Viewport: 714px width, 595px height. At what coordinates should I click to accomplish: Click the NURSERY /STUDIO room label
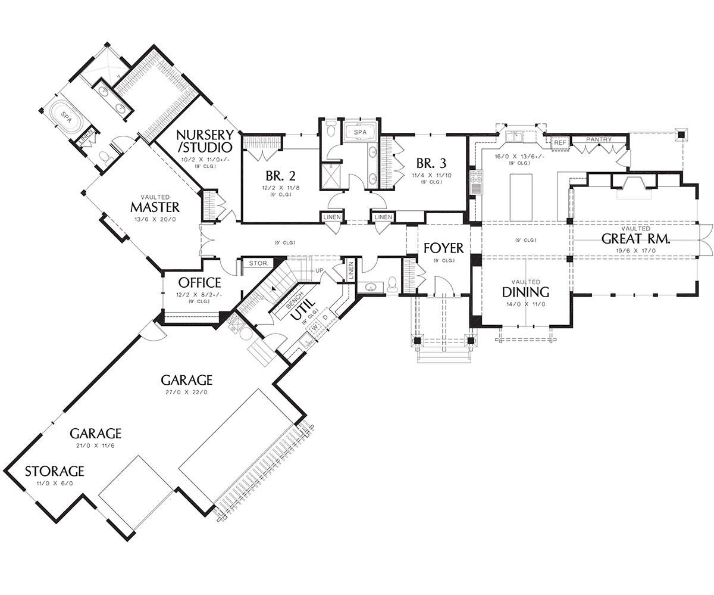pyautogui.click(x=205, y=141)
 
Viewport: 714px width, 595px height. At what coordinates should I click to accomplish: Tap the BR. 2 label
pyautogui.click(x=280, y=176)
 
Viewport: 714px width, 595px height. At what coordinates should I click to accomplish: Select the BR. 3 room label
pyautogui.click(x=431, y=163)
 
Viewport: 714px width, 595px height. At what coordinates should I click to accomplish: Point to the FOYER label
pyautogui.click(x=443, y=248)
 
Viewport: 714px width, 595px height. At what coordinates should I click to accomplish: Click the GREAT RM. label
pyautogui.click(x=635, y=239)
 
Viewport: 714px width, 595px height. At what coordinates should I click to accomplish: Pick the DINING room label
pyautogui.click(x=525, y=292)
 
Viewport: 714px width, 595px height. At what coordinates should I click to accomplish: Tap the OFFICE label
pyautogui.click(x=200, y=283)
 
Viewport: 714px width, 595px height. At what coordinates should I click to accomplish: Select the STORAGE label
pyautogui.click(x=54, y=471)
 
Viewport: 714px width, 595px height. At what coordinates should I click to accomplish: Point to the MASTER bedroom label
pyautogui.click(x=155, y=207)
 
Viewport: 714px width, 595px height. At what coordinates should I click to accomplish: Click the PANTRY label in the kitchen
pyautogui.click(x=599, y=139)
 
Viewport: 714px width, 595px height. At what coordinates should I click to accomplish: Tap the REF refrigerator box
pyautogui.click(x=560, y=143)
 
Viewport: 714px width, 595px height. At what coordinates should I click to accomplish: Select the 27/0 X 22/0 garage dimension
pyautogui.click(x=186, y=392)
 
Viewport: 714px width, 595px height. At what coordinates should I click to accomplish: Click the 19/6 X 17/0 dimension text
pyautogui.click(x=635, y=251)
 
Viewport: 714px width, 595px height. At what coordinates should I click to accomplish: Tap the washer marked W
pyautogui.click(x=315, y=328)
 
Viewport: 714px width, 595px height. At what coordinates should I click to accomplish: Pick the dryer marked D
pyautogui.click(x=325, y=317)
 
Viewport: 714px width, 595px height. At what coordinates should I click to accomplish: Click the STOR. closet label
pyautogui.click(x=258, y=263)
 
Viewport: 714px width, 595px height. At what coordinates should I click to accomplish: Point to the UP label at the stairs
pyautogui.click(x=319, y=270)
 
